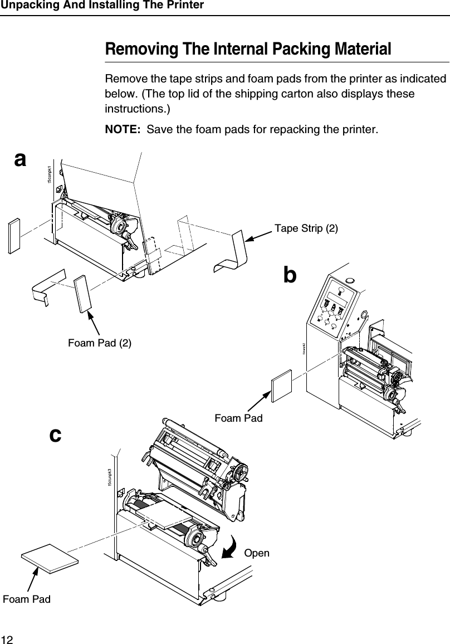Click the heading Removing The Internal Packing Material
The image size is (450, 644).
point(248,49)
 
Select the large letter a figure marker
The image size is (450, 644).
point(20,159)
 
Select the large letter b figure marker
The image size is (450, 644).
point(290,275)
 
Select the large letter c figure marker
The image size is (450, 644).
point(55,433)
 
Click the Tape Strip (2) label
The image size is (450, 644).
point(306,228)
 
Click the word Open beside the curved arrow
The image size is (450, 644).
point(257,553)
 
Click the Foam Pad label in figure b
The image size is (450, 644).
point(238,417)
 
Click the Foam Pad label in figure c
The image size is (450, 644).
point(27,599)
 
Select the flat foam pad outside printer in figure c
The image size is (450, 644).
point(50,558)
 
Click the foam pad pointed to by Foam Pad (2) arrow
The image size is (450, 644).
point(82,294)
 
